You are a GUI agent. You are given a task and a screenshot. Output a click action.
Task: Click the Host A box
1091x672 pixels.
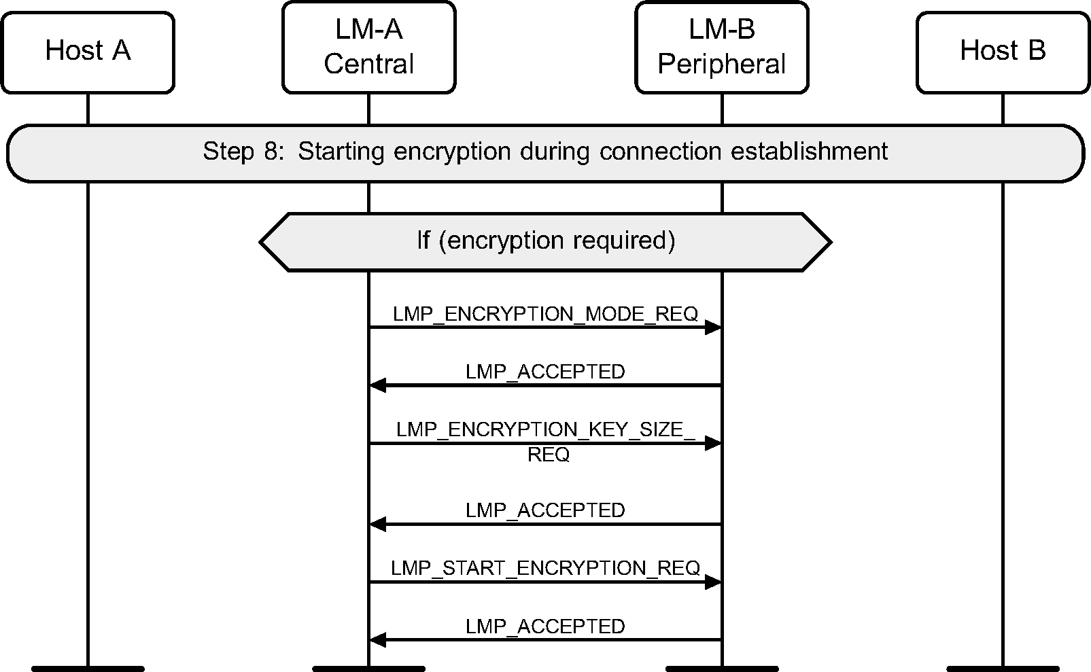coord(88,52)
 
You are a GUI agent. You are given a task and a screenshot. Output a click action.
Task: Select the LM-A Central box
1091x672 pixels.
coord(368,47)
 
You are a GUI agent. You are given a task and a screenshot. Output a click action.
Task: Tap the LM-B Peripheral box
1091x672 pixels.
coord(721,47)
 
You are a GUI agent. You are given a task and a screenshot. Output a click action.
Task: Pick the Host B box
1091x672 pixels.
coord(1003,52)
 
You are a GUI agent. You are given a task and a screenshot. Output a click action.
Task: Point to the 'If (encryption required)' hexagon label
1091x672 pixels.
coord(546,241)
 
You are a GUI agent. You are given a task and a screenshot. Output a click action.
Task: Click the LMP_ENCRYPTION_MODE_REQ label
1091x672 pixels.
coord(545,314)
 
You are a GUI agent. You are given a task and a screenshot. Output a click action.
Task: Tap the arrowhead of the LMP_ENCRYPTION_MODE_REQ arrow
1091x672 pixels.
coord(713,328)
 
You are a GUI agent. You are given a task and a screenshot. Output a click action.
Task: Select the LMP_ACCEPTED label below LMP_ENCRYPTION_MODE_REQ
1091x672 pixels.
coord(545,372)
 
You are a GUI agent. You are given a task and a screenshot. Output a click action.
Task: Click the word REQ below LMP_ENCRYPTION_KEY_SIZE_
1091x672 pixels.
coord(548,455)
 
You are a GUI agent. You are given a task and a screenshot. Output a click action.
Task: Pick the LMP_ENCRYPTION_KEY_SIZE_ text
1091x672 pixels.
coord(545,429)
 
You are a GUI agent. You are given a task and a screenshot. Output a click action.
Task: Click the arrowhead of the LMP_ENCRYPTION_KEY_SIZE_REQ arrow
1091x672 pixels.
coord(713,444)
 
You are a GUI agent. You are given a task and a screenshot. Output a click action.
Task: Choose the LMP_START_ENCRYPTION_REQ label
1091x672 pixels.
coord(545,568)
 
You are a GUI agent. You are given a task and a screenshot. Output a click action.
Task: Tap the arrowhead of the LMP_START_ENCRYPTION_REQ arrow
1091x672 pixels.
coord(713,582)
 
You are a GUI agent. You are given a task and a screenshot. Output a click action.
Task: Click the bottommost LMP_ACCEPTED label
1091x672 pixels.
coord(545,626)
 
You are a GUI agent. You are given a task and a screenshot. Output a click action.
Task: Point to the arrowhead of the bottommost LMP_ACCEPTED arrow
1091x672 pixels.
coord(377,640)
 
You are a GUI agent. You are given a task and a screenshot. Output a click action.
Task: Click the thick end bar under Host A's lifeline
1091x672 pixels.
coord(88,669)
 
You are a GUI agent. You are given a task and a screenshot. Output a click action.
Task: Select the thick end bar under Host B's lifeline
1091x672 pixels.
coord(1003,669)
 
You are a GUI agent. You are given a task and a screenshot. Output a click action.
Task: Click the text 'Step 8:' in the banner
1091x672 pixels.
coord(242,151)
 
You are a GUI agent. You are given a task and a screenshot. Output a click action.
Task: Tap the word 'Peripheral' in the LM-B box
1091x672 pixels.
coord(721,64)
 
